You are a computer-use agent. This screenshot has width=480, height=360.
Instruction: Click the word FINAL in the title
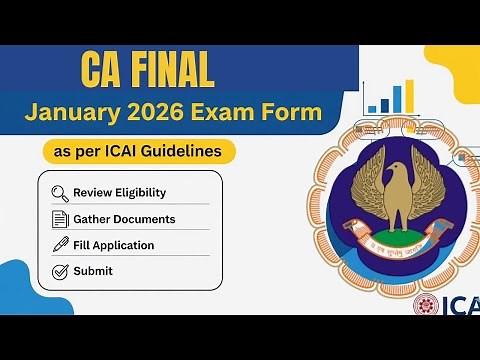[166, 70]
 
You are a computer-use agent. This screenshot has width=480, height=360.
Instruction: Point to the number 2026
[174, 113]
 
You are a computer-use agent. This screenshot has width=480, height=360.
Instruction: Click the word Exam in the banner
[240, 113]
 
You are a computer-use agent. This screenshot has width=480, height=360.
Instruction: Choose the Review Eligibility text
[119, 193]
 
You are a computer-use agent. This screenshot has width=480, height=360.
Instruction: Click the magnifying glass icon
[59, 193]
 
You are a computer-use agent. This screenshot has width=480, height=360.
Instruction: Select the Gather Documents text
[124, 219]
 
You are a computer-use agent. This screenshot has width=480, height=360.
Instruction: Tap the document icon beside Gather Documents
[59, 219]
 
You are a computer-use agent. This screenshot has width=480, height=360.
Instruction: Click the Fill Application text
[114, 245]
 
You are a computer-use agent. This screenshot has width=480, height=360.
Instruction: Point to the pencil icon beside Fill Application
[59, 245]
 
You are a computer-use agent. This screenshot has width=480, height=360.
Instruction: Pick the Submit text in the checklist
[93, 271]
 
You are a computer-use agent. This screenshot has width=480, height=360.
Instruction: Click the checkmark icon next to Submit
[59, 271]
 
